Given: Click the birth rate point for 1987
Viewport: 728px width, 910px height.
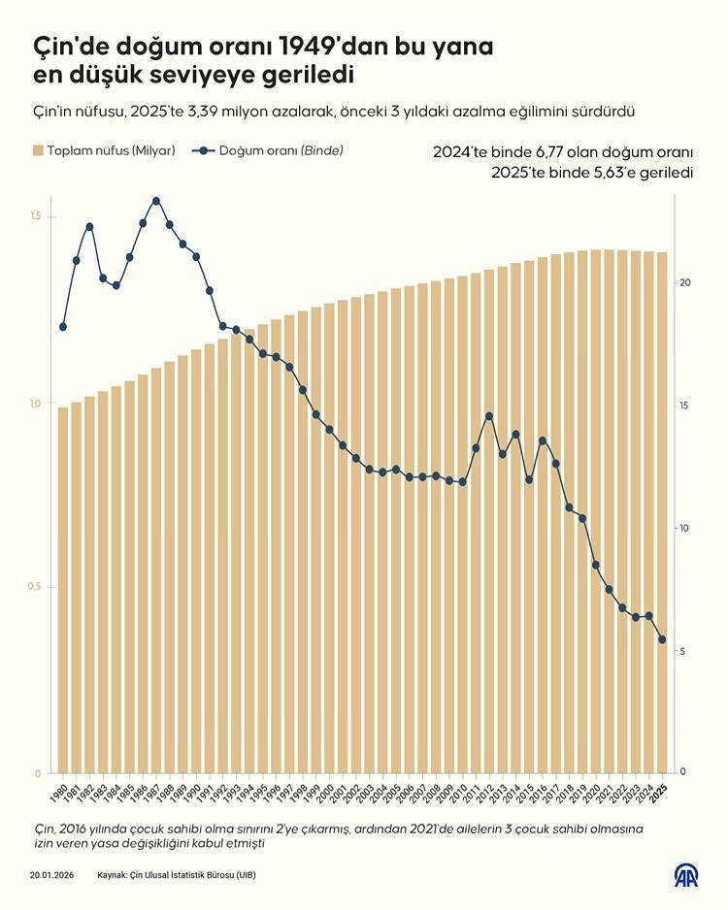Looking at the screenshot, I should pyautogui.click(x=156, y=201).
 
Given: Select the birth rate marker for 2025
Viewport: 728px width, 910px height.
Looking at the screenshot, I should pyautogui.click(x=663, y=639).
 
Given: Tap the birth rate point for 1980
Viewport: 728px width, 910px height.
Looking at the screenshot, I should pyautogui.click(x=63, y=327).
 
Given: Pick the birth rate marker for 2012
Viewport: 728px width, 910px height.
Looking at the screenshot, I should pyautogui.click(x=489, y=416).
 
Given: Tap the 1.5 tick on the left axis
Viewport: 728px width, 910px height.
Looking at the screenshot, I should pyautogui.click(x=36, y=216).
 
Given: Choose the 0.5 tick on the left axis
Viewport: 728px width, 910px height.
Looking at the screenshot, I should pyautogui.click(x=36, y=587).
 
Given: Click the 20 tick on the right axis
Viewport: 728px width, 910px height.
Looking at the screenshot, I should pyautogui.click(x=684, y=282).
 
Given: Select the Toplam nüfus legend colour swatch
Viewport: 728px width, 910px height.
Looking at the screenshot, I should pyautogui.click(x=38, y=151).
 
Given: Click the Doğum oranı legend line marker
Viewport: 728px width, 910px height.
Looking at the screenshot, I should pyautogui.click(x=204, y=151).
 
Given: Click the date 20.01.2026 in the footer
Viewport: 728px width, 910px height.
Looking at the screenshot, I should pyautogui.click(x=53, y=875).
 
